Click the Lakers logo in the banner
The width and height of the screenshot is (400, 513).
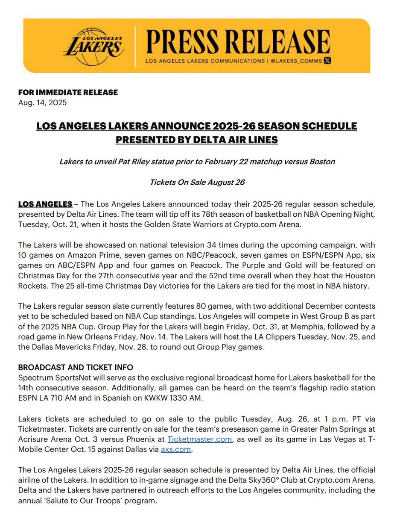(x=94, y=44)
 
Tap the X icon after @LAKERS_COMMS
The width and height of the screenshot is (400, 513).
(x=327, y=61)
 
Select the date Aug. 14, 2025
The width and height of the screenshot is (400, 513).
(x=42, y=103)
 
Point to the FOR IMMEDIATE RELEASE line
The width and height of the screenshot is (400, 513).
(x=68, y=92)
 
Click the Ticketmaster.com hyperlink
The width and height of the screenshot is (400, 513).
(x=200, y=439)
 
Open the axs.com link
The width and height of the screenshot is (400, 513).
(x=176, y=449)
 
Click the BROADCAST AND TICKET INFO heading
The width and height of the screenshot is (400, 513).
(x=76, y=367)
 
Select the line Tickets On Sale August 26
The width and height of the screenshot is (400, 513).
(x=197, y=182)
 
